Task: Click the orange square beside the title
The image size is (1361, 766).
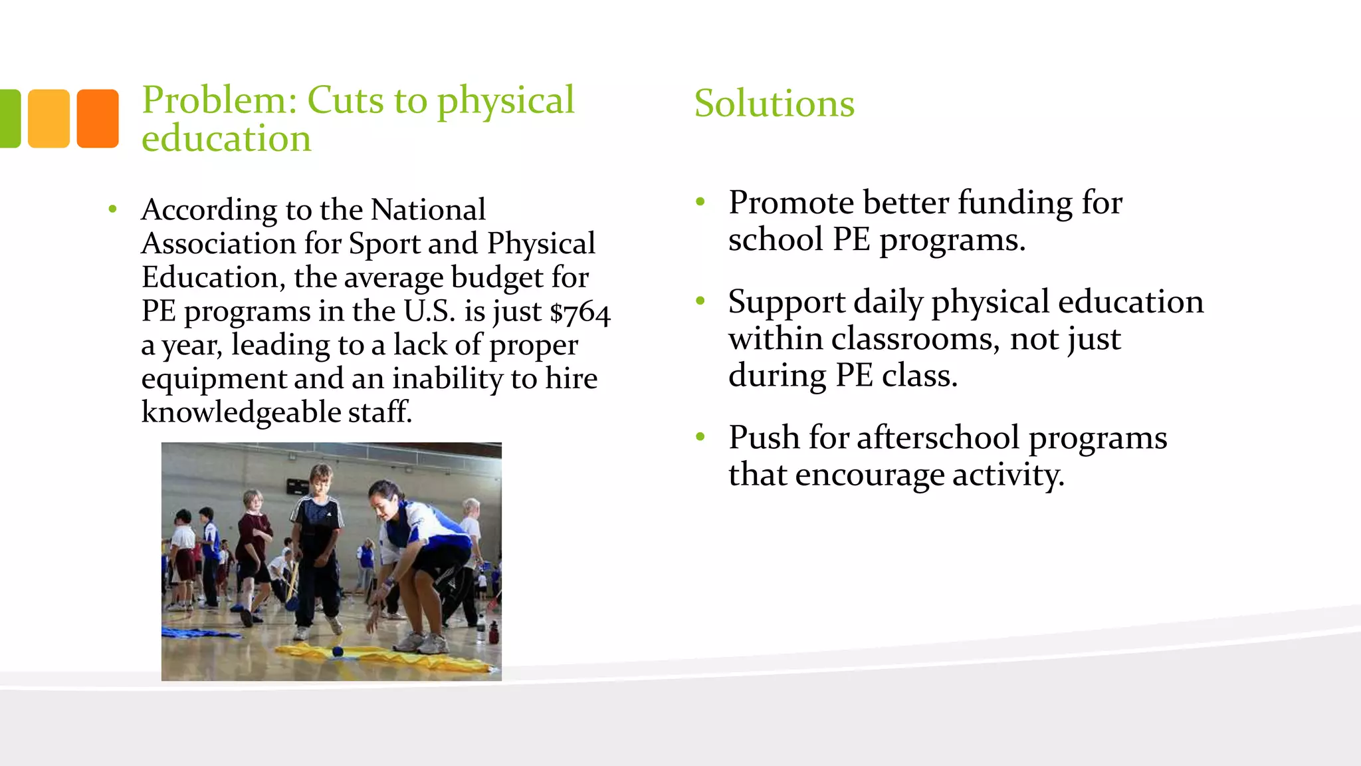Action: point(98,118)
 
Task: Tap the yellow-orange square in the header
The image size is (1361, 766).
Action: point(49,118)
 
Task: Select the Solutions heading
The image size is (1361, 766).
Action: point(774,104)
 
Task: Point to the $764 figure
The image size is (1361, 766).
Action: point(580,313)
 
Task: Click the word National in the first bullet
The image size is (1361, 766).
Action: point(428,210)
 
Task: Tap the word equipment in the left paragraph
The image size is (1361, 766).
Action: point(213,380)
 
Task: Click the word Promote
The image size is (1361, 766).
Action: point(791,203)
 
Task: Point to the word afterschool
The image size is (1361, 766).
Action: point(938,438)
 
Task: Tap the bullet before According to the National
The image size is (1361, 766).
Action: point(113,210)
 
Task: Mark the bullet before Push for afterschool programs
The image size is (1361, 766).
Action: point(700,438)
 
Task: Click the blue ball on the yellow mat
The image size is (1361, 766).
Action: point(338,652)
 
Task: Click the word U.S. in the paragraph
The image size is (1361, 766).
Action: point(429,312)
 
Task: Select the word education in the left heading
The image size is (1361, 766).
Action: point(226,138)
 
